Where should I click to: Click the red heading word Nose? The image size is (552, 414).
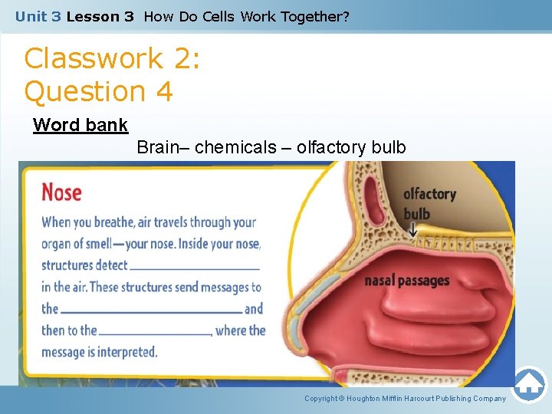coord(61,191)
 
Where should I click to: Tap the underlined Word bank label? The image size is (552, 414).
coord(80,125)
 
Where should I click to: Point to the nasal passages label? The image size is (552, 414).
coord(406,281)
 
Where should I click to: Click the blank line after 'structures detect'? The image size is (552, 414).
coord(195,268)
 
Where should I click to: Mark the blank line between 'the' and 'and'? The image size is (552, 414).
coord(151,311)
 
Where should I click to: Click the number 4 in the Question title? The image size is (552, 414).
coord(163,92)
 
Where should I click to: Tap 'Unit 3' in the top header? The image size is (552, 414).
coord(38,15)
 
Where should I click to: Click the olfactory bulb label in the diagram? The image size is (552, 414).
coord(429,203)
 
